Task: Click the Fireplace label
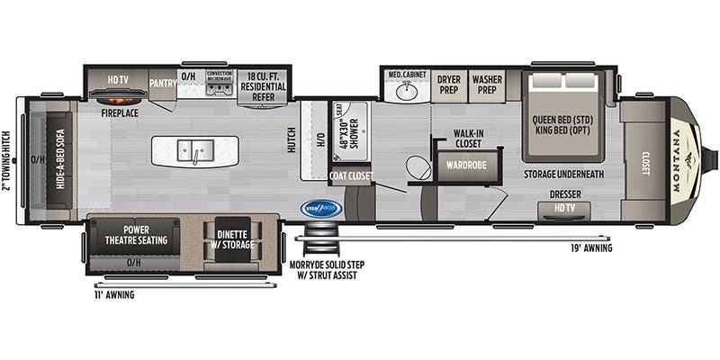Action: click(x=118, y=113)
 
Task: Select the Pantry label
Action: click(x=162, y=80)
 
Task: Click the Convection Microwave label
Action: click(x=220, y=77)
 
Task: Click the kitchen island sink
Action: click(x=194, y=149)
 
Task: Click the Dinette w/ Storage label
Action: click(x=233, y=238)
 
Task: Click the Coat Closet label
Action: click(x=350, y=176)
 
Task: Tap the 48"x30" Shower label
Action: click(x=347, y=137)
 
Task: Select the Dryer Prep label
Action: click(x=449, y=84)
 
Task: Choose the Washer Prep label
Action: click(x=487, y=84)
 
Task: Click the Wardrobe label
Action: click(x=462, y=165)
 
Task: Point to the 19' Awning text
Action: click(x=590, y=247)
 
